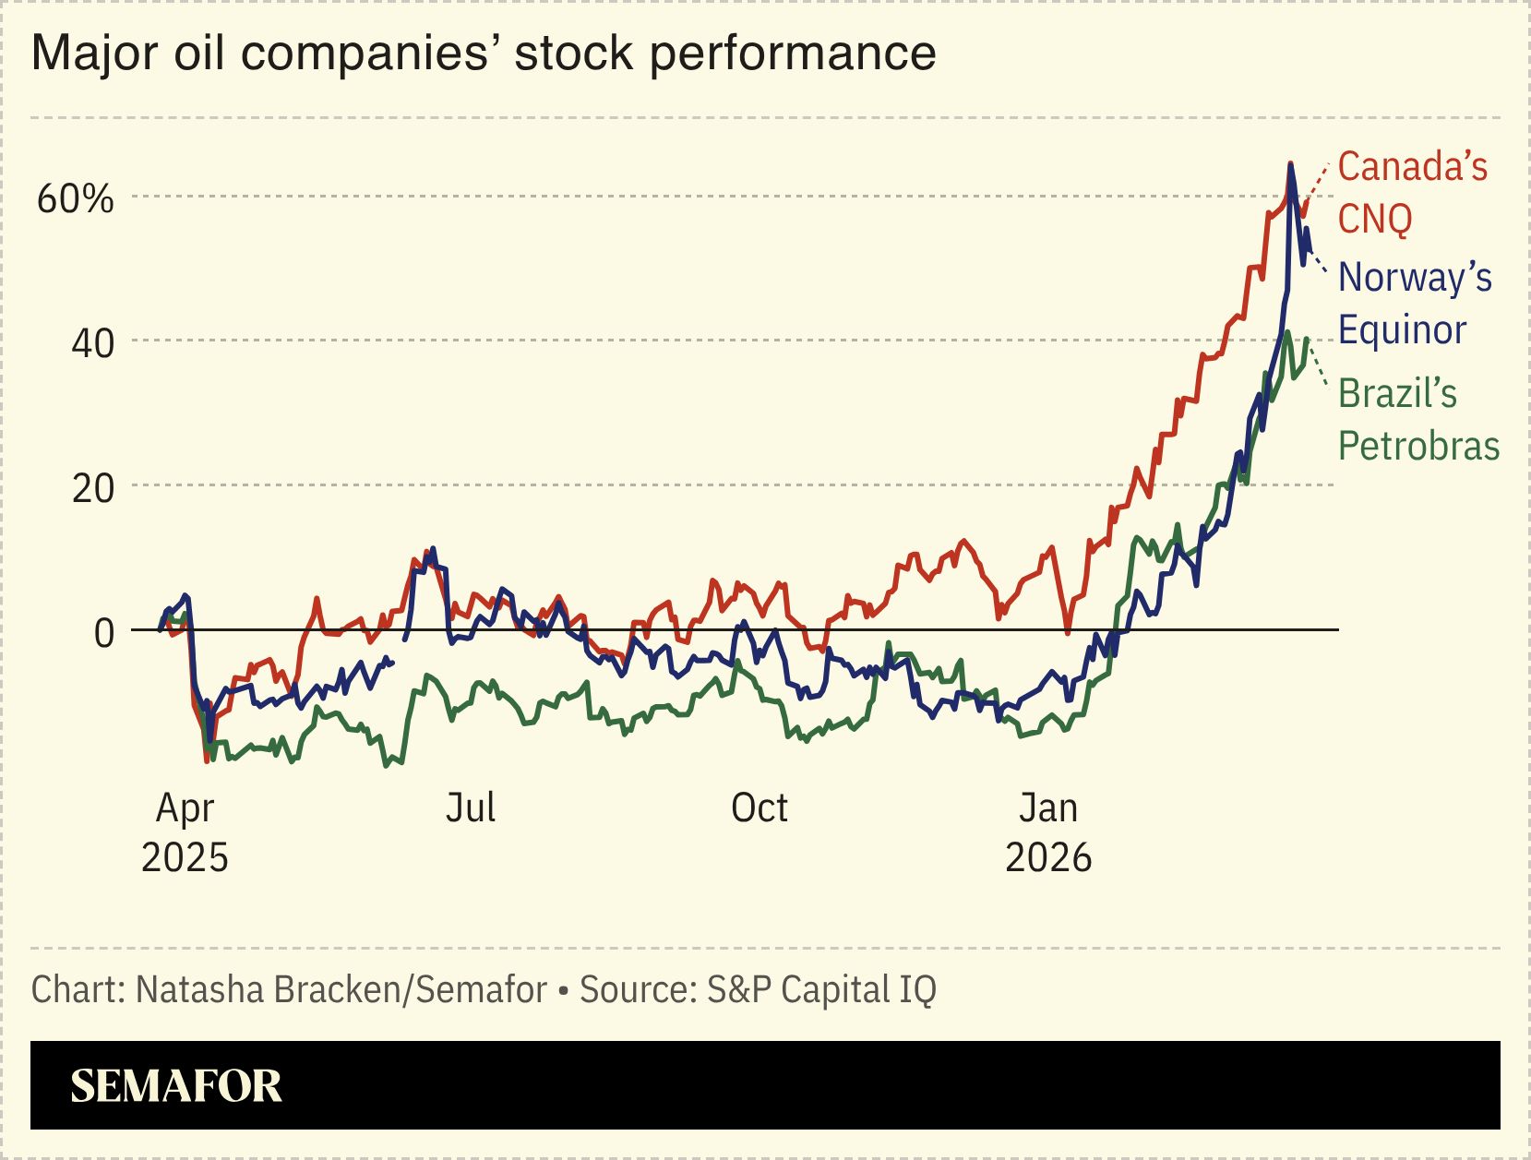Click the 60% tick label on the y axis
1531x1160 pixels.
coord(75,198)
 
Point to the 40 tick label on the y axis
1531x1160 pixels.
coord(92,343)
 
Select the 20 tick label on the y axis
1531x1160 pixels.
coord(92,488)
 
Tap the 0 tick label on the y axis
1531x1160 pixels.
coord(104,633)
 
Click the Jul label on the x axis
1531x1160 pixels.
coord(471,808)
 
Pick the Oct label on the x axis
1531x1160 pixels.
coord(759,808)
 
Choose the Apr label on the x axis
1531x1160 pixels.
coord(185,808)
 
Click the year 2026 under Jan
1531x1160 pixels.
coord(1047,858)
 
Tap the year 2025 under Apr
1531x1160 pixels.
coord(185,858)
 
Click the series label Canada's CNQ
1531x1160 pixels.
coord(1412,193)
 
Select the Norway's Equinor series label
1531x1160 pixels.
coord(1414,303)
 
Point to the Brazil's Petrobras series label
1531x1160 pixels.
coord(1417,420)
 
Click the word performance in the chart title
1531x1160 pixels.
coord(793,54)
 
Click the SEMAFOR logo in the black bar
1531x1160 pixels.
coord(175,1086)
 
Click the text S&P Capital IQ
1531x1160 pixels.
coord(821,990)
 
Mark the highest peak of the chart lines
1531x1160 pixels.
coord(1290,164)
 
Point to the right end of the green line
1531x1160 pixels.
coord(1307,339)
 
